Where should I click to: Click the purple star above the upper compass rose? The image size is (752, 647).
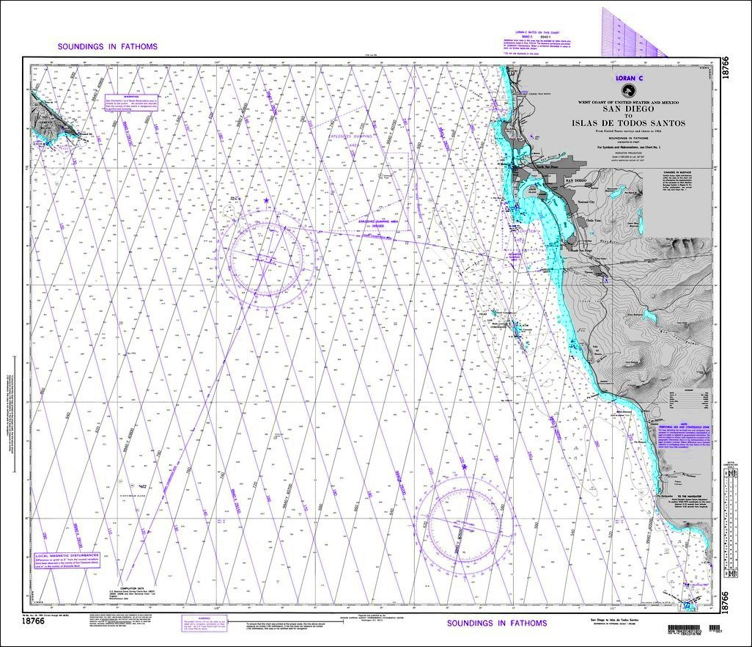[x=265, y=201]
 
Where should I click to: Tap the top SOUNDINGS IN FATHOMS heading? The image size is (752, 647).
[x=108, y=47]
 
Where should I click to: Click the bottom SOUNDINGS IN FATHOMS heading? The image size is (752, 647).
[x=497, y=623]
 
